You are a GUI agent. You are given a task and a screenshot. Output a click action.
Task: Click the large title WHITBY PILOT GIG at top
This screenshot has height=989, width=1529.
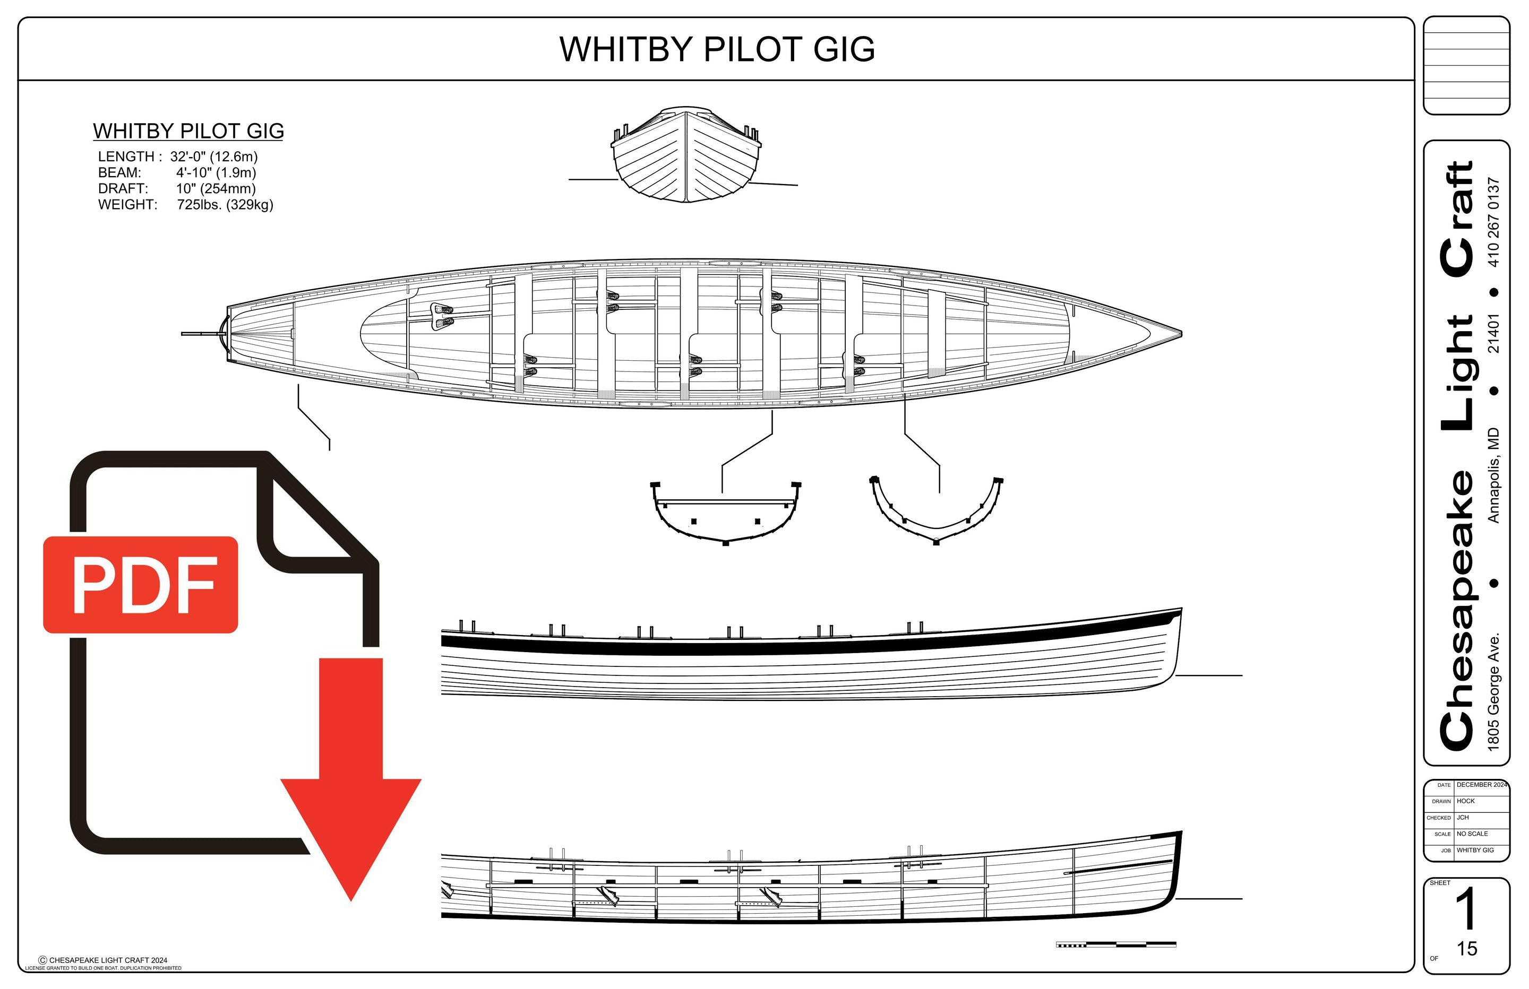point(717,49)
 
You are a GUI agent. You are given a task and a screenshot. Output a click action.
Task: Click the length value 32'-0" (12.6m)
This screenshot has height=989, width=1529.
point(214,157)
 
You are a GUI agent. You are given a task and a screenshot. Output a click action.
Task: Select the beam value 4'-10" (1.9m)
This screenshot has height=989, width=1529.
point(216,173)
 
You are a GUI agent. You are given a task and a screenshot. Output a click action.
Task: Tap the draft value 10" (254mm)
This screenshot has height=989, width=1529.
point(216,189)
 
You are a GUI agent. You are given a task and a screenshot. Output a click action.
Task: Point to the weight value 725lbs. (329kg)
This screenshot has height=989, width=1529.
point(225,205)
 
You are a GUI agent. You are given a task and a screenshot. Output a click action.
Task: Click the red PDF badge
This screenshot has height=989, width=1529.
point(141,584)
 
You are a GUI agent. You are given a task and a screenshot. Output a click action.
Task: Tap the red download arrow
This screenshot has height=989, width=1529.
point(351,790)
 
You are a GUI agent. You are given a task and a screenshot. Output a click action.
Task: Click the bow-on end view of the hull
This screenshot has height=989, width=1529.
point(686,156)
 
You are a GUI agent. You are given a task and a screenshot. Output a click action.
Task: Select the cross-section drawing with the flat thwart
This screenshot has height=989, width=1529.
point(725,513)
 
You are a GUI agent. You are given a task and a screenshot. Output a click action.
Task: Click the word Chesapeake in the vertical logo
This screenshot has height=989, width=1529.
point(1457,610)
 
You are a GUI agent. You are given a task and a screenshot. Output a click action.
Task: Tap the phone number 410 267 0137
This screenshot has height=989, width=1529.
point(1493,222)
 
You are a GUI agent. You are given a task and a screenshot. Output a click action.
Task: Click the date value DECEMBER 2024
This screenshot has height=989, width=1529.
point(1481,785)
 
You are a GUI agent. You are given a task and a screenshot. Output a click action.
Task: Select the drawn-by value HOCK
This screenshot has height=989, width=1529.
point(1465,801)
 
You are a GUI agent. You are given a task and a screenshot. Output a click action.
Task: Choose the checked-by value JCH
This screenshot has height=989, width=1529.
point(1463,818)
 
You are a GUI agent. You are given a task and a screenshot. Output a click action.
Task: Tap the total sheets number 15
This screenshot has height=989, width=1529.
point(1467,949)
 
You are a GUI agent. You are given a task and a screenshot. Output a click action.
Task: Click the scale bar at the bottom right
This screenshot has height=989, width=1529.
point(1116,944)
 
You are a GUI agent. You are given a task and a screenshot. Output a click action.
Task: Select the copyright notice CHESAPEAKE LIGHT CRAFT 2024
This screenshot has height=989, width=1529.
point(104,961)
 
